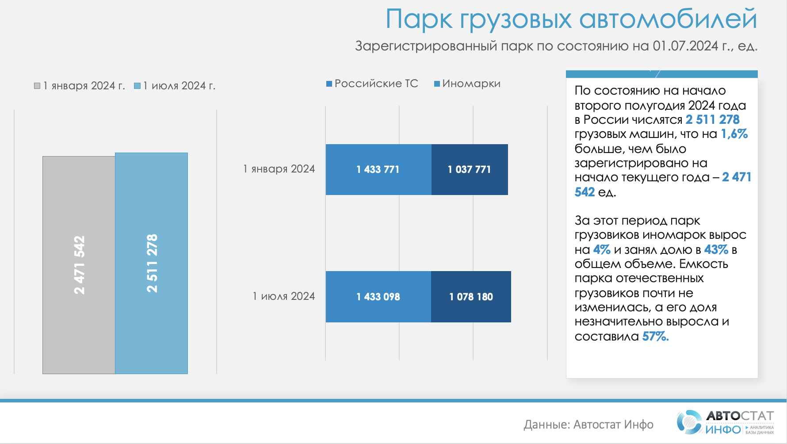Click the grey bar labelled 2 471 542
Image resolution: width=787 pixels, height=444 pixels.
(79, 265)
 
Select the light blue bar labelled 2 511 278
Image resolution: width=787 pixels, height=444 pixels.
(152, 263)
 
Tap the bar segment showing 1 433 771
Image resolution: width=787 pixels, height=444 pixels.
(378, 169)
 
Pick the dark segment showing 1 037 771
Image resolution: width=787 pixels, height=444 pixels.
(470, 169)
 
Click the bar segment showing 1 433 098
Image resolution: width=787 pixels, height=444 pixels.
(378, 297)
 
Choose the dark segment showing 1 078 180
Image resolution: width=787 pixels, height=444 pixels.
(471, 297)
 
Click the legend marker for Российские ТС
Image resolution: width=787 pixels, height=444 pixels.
(329, 84)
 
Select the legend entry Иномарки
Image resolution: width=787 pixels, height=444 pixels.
(467, 84)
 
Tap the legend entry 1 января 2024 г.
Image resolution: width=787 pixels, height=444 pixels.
(80, 86)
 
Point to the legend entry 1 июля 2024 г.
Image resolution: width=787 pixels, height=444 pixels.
(175, 86)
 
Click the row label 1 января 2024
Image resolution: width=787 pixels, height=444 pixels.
(279, 169)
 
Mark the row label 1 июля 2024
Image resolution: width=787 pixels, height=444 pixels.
(284, 296)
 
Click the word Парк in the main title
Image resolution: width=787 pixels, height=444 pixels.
(419, 19)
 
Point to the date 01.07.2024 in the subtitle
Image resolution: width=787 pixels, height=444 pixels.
(685, 46)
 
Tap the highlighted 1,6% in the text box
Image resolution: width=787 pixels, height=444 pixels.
(734, 134)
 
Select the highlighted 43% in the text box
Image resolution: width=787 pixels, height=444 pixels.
(716, 250)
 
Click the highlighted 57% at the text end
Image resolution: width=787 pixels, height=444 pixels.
(655, 337)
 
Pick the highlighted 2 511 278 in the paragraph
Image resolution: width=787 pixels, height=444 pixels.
(713, 119)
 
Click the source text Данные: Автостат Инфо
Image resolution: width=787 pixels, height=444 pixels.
(588, 425)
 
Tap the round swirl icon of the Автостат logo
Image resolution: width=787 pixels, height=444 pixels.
(689, 422)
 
